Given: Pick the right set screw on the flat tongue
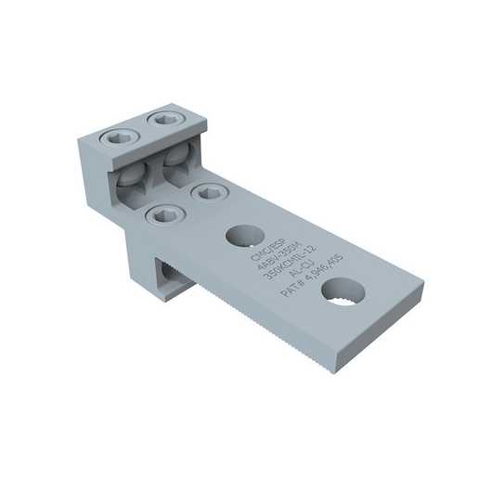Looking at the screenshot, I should click(205, 192).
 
